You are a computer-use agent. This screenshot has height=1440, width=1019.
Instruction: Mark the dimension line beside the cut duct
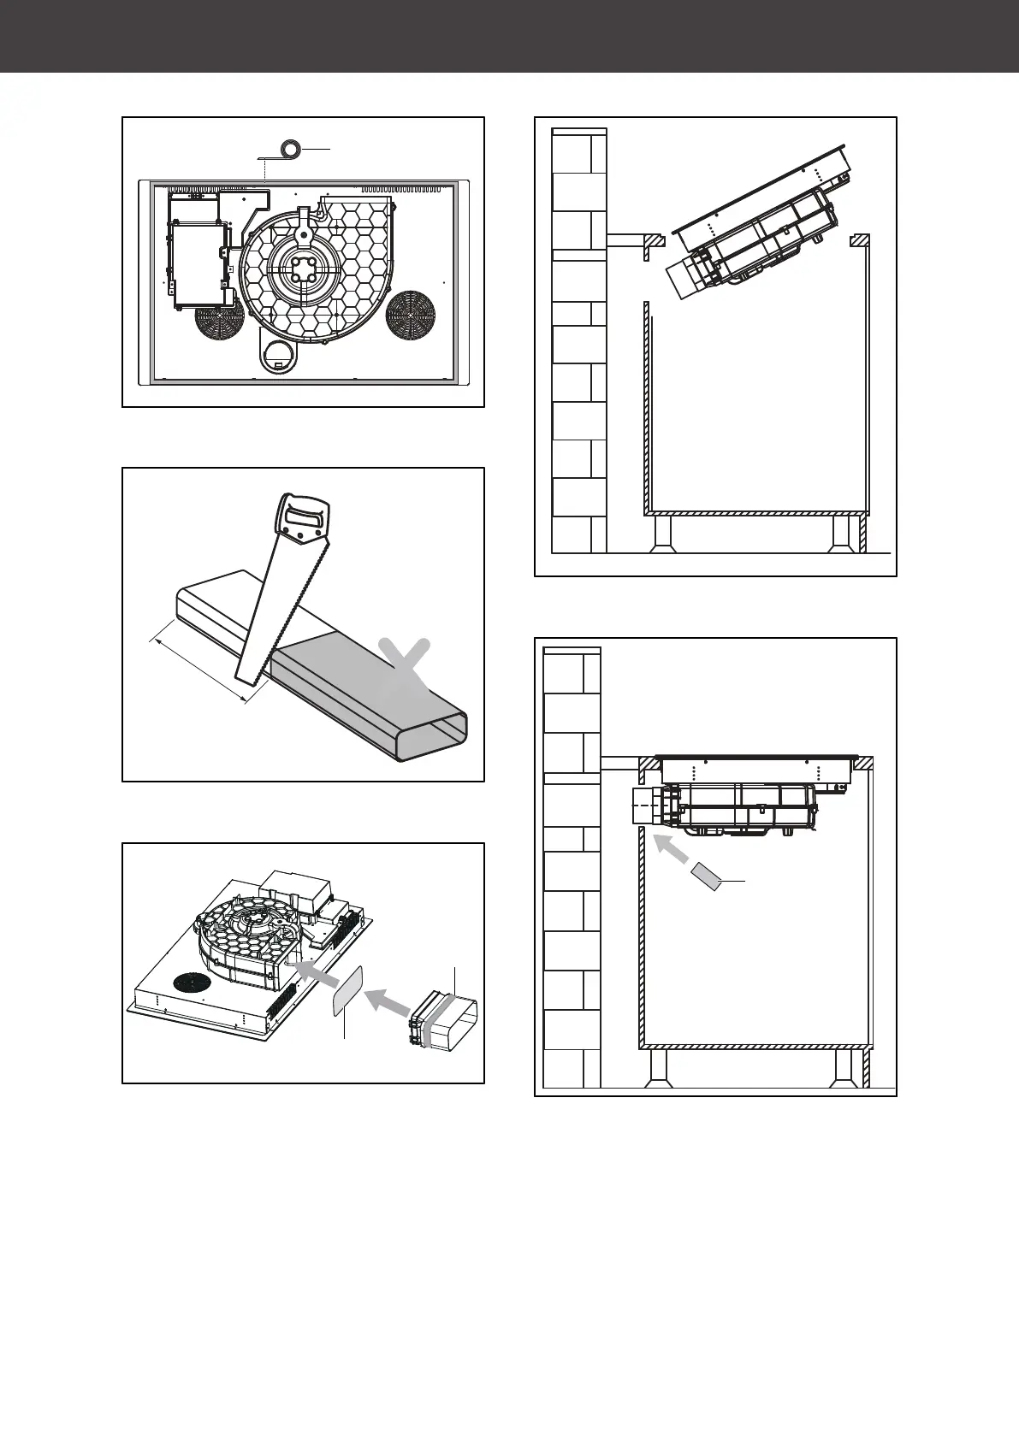[198, 664]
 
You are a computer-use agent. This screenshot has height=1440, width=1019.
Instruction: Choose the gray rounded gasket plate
[346, 992]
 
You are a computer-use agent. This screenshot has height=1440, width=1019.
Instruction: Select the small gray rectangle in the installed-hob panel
[708, 876]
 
